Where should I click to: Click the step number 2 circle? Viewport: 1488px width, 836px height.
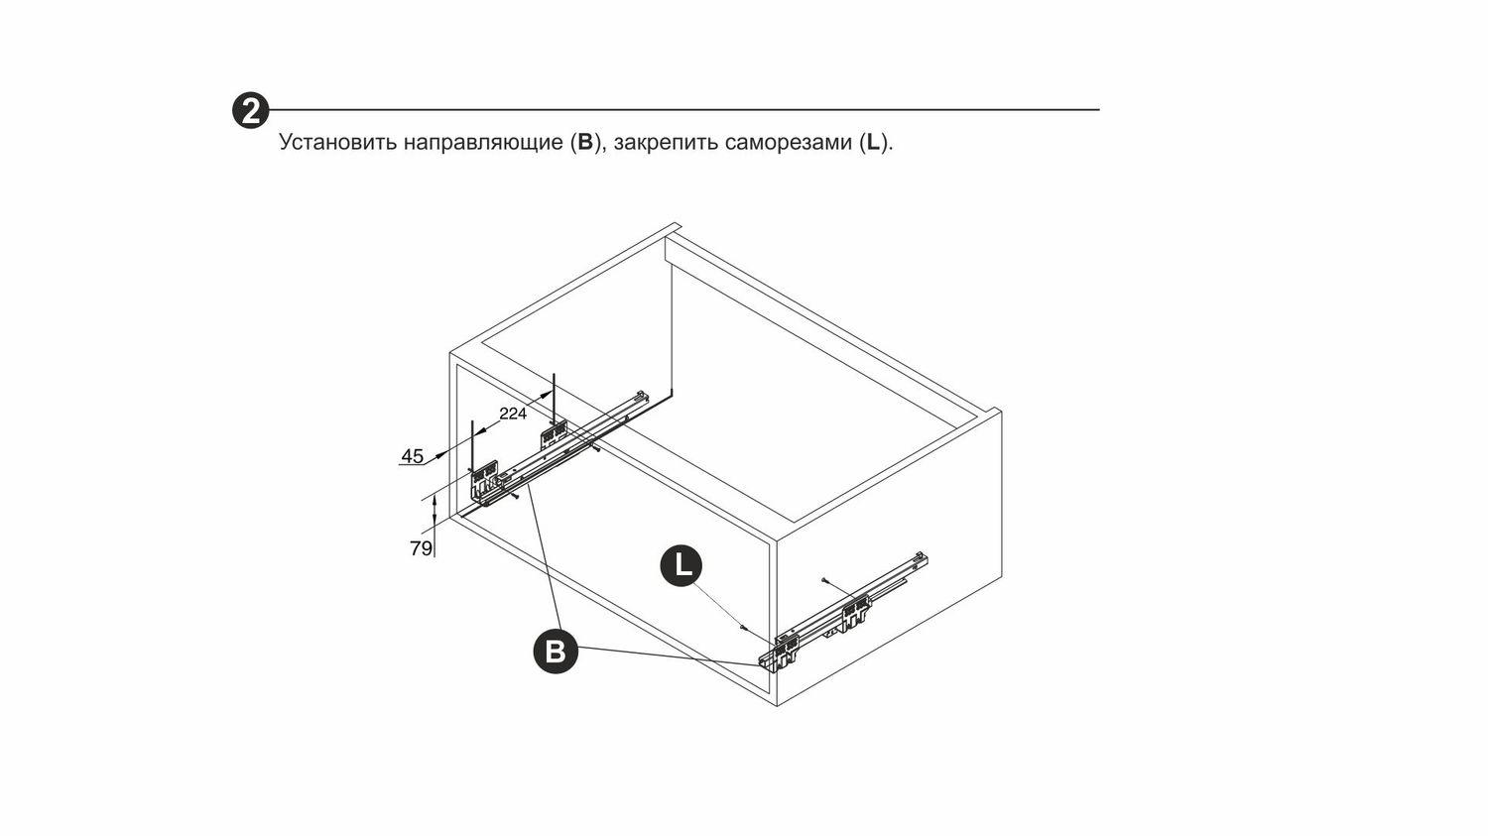[x=250, y=110]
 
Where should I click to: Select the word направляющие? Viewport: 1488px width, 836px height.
[x=483, y=143]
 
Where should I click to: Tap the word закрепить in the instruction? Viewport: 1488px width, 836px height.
[x=666, y=143]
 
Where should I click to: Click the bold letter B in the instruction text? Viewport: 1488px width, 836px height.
[x=584, y=142]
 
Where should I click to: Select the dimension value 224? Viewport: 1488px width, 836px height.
[x=513, y=414]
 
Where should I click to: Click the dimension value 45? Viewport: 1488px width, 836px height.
[x=412, y=456]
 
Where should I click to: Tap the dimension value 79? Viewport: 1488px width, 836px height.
[x=422, y=548]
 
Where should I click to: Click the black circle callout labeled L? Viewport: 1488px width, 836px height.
[x=681, y=566]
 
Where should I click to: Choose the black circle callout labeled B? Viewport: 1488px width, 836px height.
[x=556, y=652]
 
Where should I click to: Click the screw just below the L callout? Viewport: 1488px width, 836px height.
[x=744, y=628]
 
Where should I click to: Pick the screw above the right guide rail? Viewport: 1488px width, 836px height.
[x=823, y=581]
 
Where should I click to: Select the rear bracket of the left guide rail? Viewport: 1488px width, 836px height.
[x=554, y=435]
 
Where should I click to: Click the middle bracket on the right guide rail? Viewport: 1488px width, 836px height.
[x=856, y=611]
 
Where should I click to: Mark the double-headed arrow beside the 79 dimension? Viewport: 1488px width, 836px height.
[x=434, y=512]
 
